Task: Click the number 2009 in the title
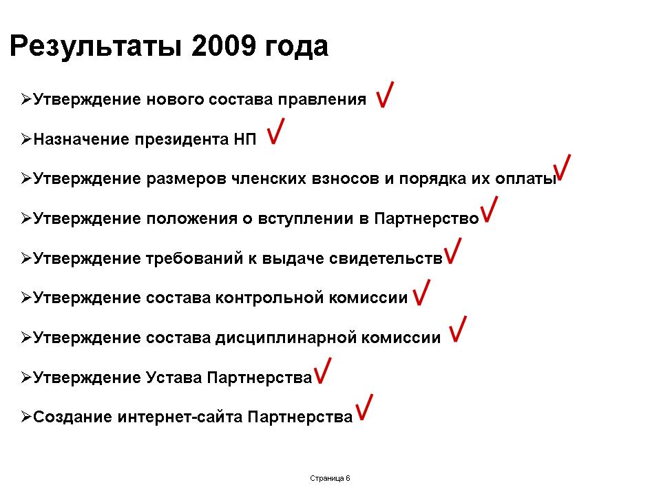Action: (223, 45)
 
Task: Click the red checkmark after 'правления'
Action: (385, 94)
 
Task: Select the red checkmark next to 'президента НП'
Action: (275, 131)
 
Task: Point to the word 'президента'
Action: (182, 140)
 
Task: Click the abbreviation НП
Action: (245, 139)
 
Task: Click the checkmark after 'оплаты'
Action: (563, 168)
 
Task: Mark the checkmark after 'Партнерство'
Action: (490, 209)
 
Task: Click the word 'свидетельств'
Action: (386, 258)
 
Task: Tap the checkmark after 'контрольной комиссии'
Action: (421, 292)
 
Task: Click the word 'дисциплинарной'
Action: (286, 338)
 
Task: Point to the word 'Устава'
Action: (174, 377)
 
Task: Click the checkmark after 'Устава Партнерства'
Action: (323, 371)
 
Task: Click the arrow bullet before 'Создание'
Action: (26, 417)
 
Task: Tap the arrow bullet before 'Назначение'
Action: (26, 138)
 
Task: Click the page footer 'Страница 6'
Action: (330, 478)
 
